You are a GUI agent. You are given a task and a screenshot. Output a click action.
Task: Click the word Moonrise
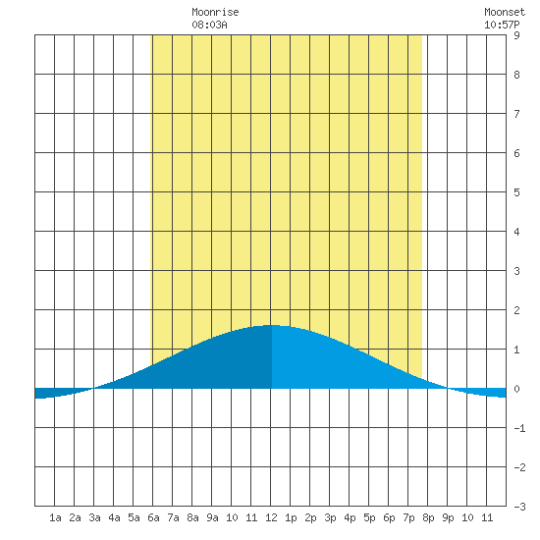(x=215, y=12)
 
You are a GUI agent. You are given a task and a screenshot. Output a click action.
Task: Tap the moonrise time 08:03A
(x=209, y=25)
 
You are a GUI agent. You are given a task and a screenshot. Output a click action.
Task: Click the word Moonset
(x=505, y=12)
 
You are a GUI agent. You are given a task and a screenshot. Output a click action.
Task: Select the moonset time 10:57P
(x=502, y=25)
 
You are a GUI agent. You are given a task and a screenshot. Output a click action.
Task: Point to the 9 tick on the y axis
(x=516, y=35)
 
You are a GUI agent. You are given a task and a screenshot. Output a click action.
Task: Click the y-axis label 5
(x=516, y=192)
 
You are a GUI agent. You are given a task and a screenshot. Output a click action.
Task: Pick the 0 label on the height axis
(x=516, y=389)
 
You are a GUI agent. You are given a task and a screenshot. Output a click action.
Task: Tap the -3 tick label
(x=519, y=507)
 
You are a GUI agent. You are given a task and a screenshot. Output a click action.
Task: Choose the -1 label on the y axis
(x=519, y=428)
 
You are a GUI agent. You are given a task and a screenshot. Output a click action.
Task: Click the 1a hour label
(x=55, y=517)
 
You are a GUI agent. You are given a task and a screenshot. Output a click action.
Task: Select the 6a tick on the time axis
(x=153, y=517)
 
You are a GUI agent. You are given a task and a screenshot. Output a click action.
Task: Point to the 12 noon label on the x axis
(x=271, y=517)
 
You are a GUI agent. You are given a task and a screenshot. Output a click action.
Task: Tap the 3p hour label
(x=330, y=517)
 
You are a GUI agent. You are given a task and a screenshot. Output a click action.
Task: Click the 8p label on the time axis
(x=428, y=517)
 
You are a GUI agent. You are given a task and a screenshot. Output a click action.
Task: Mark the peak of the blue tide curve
(x=271, y=325)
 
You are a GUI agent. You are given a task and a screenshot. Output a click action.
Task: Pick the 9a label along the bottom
(x=212, y=517)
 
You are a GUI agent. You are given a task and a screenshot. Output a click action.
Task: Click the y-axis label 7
(x=516, y=114)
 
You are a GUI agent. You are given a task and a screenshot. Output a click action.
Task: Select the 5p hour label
(x=369, y=517)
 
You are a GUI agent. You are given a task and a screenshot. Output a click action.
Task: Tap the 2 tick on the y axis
(x=516, y=310)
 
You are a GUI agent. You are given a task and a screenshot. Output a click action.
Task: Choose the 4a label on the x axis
(x=114, y=517)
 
